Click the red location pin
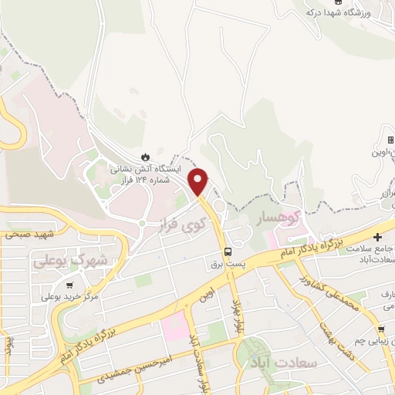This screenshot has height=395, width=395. click(x=199, y=181)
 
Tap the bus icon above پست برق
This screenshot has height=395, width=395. click(x=228, y=252)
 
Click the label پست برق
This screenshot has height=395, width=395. click(x=228, y=264)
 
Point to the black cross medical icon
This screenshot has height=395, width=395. click(x=377, y=236)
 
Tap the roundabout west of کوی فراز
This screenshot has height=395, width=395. click(x=140, y=224)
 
